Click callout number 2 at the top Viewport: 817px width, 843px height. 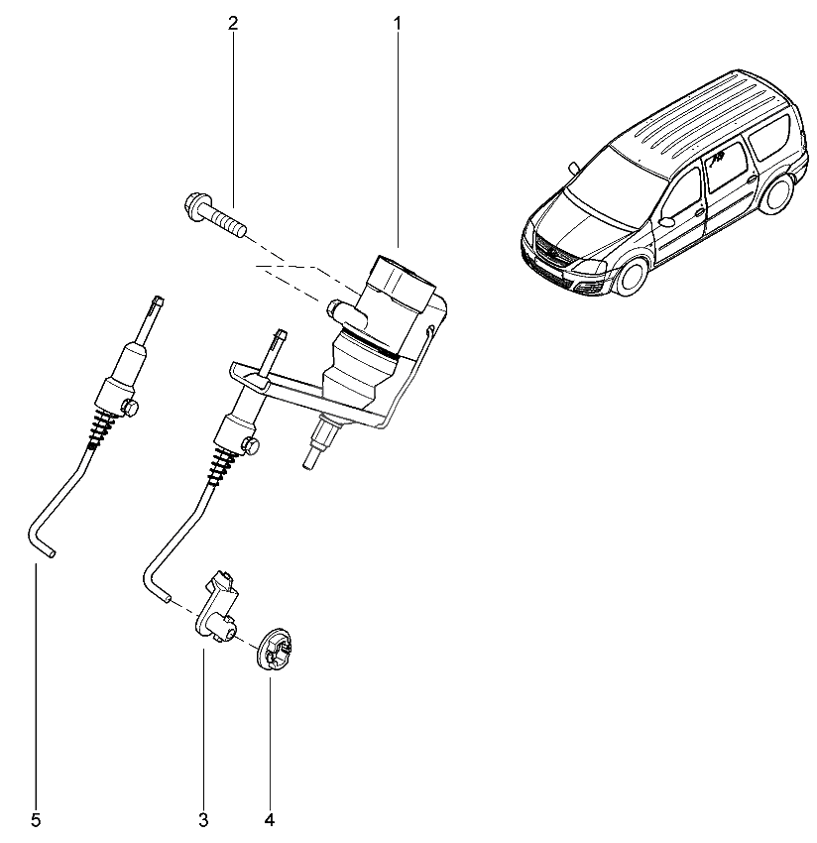tap(233, 22)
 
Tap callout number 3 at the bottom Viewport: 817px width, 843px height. tap(203, 819)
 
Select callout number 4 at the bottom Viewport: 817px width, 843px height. tap(269, 819)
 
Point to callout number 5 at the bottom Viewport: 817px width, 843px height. tap(36, 819)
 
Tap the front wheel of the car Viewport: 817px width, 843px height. tap(629, 274)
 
